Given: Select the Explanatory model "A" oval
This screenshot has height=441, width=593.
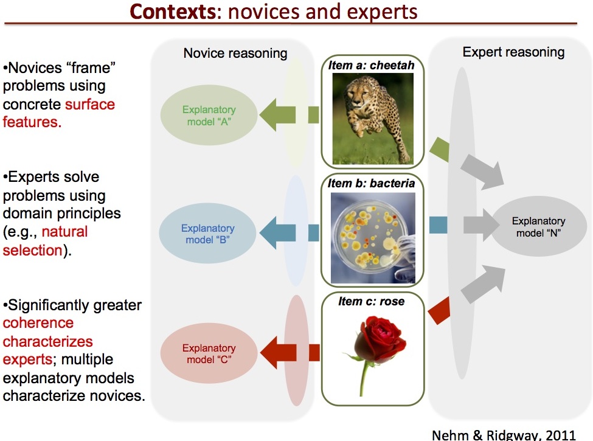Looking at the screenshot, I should point(208,116).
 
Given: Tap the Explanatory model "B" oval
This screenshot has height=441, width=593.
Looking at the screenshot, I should point(207,234).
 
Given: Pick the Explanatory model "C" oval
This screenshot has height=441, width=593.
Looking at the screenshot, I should point(208,354).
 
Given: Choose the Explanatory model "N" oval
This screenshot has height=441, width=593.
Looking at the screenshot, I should point(538,227).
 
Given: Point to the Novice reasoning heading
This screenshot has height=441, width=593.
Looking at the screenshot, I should point(235,54).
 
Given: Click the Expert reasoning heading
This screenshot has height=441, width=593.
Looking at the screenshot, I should point(513,52).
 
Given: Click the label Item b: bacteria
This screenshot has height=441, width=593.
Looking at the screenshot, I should point(371,183).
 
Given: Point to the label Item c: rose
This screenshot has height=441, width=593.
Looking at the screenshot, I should point(371,301).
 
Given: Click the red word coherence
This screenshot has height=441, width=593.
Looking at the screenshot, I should point(38,323).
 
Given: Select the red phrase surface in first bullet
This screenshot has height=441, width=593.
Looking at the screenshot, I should point(89,104).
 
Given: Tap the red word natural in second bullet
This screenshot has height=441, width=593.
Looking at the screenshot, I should point(64,232).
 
